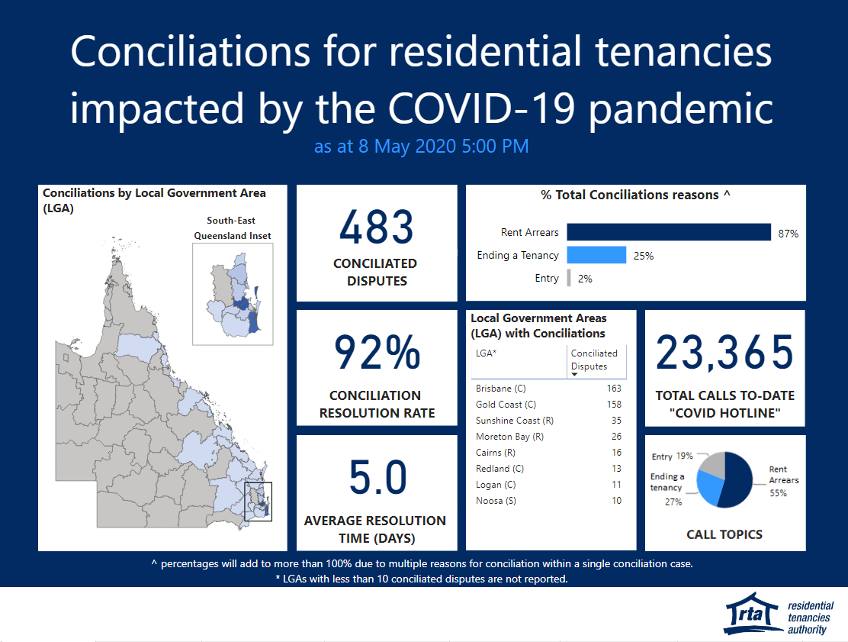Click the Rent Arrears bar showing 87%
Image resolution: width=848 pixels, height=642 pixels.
click(x=669, y=232)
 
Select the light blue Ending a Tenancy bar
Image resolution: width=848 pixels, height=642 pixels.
click(x=596, y=255)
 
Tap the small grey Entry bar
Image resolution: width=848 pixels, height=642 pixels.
click(x=569, y=278)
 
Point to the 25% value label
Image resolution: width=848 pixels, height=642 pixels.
click(x=644, y=256)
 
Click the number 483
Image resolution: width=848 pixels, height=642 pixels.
click(x=377, y=227)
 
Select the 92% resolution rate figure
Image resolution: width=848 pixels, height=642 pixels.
click(x=377, y=352)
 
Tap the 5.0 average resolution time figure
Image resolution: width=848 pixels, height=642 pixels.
click(x=377, y=477)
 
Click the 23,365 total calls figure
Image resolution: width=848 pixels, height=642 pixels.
click(x=724, y=352)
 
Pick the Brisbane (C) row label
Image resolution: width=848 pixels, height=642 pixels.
click(x=501, y=388)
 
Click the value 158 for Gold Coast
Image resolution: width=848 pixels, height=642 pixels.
click(x=614, y=405)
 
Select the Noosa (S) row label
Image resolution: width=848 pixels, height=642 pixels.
click(x=496, y=501)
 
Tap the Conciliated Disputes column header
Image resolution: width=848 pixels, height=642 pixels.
click(x=594, y=360)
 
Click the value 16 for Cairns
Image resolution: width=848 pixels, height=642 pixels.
click(x=616, y=452)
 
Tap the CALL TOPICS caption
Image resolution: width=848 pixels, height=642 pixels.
click(x=724, y=534)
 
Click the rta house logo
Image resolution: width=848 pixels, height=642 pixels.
click(x=752, y=614)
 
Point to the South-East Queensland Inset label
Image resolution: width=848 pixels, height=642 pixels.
click(x=232, y=228)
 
